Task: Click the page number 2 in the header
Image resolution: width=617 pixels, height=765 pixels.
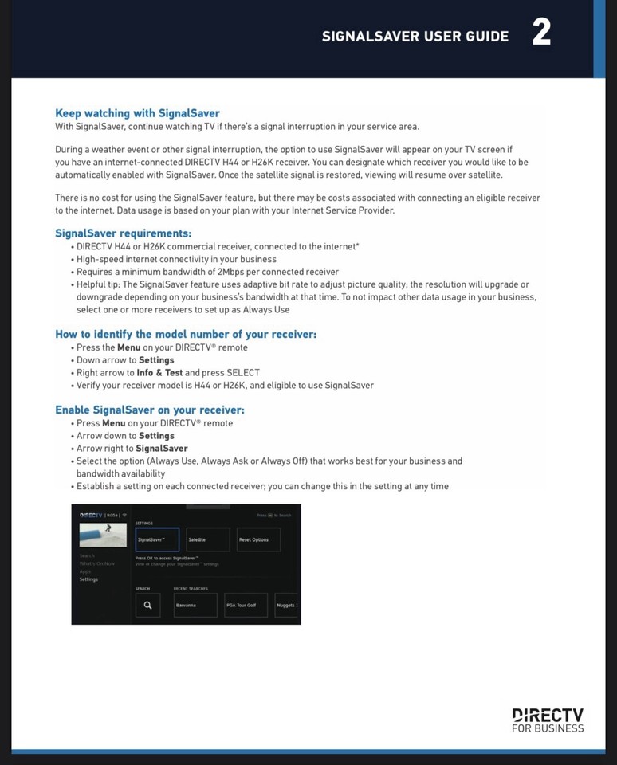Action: pyautogui.click(x=541, y=33)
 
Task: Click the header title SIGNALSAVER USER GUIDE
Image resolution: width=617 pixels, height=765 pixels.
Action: pyautogui.click(x=415, y=36)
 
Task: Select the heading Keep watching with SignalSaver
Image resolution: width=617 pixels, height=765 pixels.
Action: pyautogui.click(x=137, y=113)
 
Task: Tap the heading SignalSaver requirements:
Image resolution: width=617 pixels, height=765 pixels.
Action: pyautogui.click(x=123, y=233)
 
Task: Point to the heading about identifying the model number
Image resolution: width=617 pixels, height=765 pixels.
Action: pyautogui.click(x=185, y=334)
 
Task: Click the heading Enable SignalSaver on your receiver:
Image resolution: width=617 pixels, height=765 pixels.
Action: pyautogui.click(x=149, y=410)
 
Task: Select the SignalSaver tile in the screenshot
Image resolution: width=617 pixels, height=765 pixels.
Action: pyautogui.click(x=157, y=539)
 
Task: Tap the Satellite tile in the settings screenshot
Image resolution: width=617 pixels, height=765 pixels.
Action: pyautogui.click(x=207, y=539)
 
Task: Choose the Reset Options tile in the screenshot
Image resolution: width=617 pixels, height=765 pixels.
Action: pyautogui.click(x=258, y=539)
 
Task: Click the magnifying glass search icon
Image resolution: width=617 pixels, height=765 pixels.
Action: pyautogui.click(x=147, y=605)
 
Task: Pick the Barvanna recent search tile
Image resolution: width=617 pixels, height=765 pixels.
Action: pyautogui.click(x=195, y=605)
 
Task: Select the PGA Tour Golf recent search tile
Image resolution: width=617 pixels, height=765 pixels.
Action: pyautogui.click(x=246, y=605)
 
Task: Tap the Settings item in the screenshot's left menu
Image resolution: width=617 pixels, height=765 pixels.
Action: pyautogui.click(x=88, y=579)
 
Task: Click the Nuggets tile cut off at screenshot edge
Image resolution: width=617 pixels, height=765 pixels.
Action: pyautogui.click(x=287, y=605)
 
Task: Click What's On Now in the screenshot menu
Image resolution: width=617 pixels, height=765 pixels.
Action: pyautogui.click(x=96, y=563)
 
